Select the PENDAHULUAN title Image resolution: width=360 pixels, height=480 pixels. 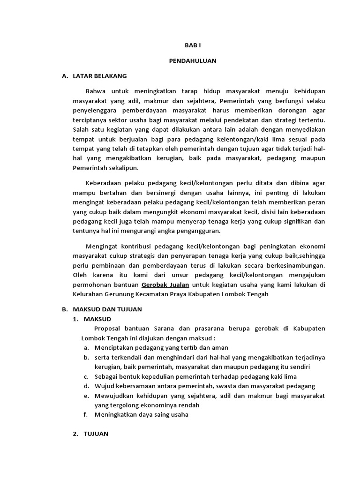pos(193,60)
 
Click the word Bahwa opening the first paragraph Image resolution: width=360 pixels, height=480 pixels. pos(96,90)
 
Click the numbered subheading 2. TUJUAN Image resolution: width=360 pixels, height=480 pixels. pos(90,434)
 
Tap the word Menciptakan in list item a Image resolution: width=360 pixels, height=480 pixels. pos(114,347)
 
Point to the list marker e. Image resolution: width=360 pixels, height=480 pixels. pos(87,396)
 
